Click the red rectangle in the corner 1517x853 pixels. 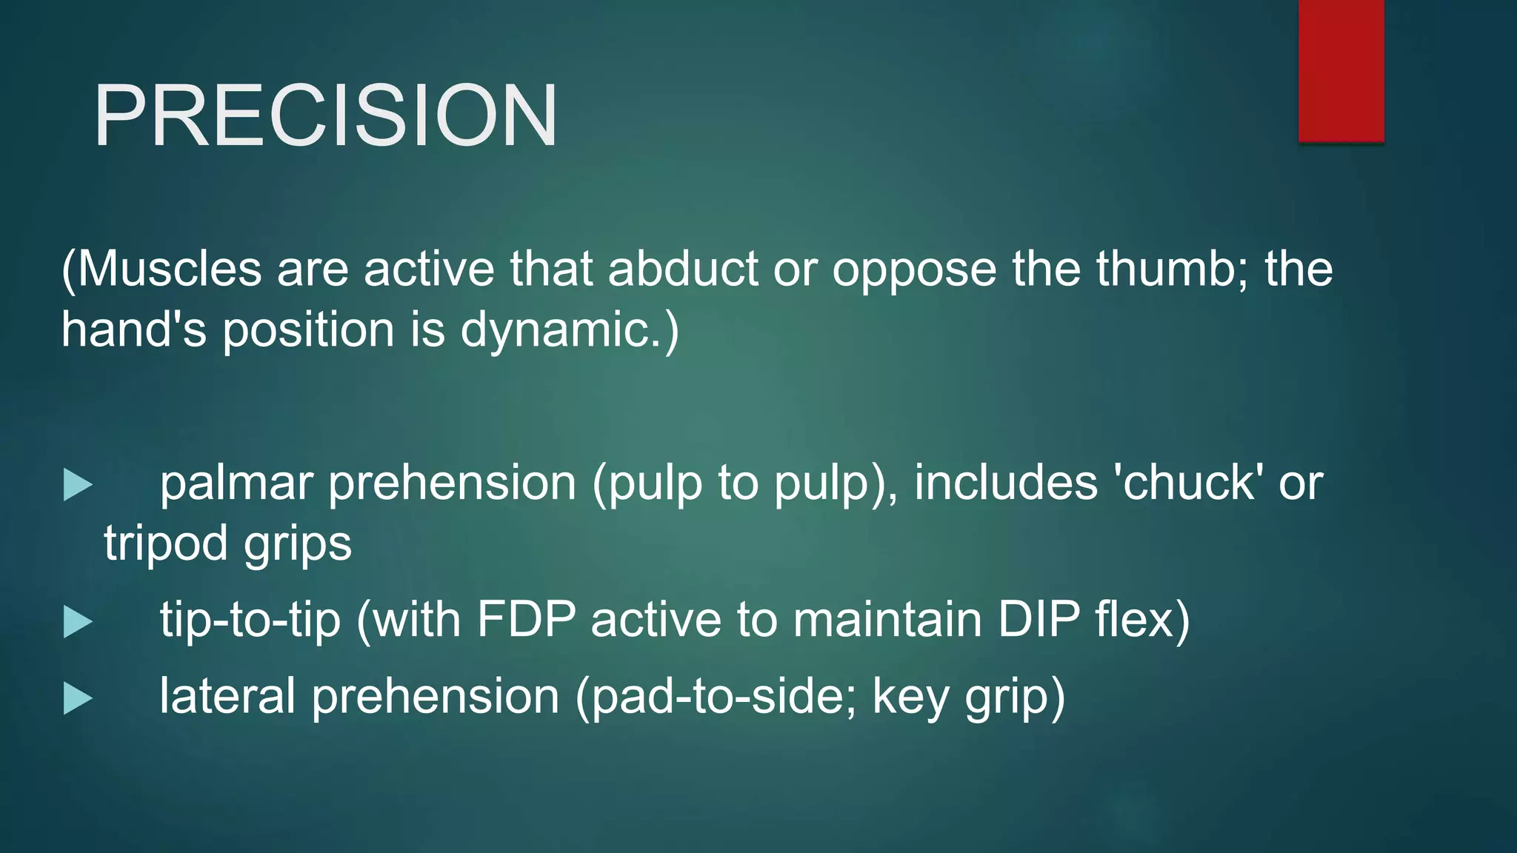click(x=1341, y=70)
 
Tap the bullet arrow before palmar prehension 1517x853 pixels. click(x=78, y=485)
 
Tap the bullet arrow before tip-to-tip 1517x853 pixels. click(x=78, y=621)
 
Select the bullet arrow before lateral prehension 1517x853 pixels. click(x=78, y=698)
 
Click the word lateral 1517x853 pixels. click(x=227, y=697)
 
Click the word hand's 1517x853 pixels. click(x=133, y=330)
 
